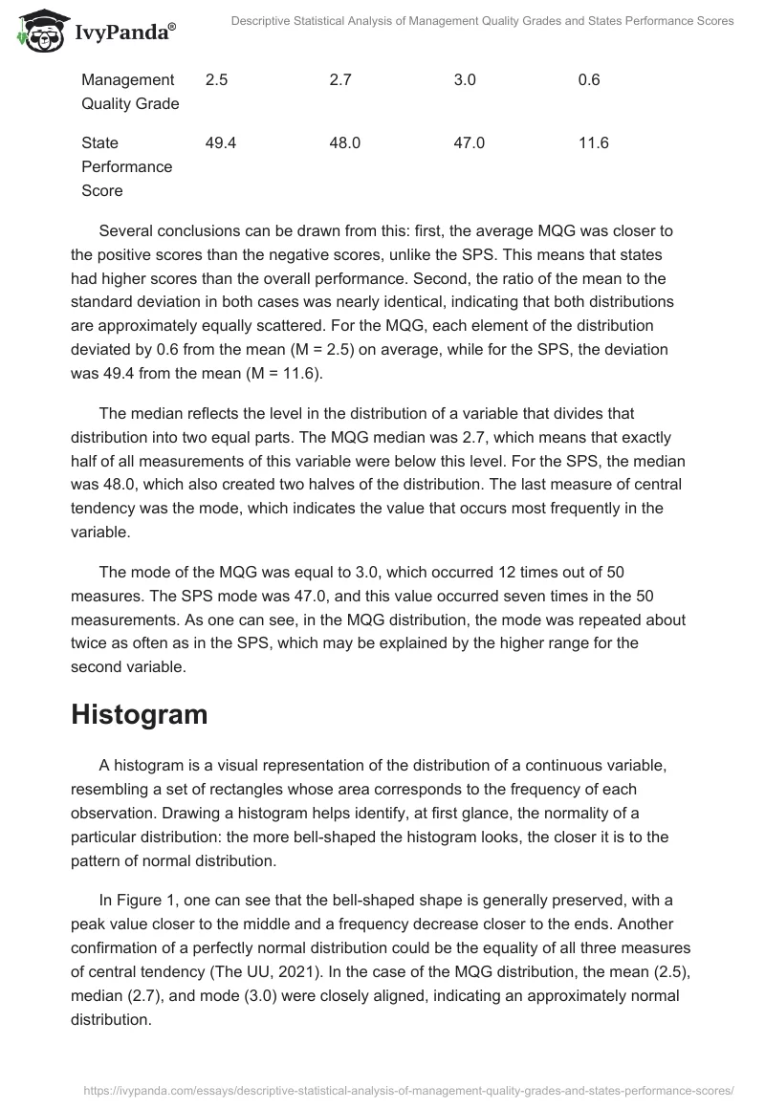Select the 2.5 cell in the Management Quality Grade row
pyautogui.click(x=216, y=80)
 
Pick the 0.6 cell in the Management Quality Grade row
pyautogui.click(x=589, y=80)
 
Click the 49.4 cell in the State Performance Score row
pyautogui.click(x=220, y=143)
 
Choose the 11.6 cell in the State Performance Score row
pyautogui.click(x=593, y=143)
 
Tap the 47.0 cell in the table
pyautogui.click(x=469, y=143)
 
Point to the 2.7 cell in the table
pyautogui.click(x=339, y=80)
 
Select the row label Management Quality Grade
pyautogui.click(x=129, y=92)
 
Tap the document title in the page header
pyautogui.click(x=483, y=21)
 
